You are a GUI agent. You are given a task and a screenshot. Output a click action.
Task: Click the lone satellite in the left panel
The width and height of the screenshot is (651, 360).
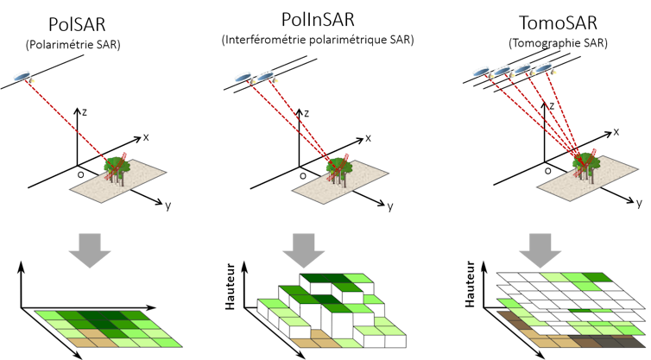[22, 76]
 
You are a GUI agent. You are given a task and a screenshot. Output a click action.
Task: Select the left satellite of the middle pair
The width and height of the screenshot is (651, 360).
[243, 77]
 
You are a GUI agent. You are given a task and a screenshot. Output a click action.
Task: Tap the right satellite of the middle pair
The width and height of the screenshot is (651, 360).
[265, 76]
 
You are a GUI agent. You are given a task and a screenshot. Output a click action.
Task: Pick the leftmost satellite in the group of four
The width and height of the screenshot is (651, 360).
[482, 72]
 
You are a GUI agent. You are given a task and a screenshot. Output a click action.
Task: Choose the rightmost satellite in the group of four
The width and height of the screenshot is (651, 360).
[543, 67]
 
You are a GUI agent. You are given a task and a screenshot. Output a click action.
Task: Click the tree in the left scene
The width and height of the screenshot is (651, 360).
[116, 167]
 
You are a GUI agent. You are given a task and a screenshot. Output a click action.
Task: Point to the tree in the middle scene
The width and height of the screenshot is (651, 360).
[338, 167]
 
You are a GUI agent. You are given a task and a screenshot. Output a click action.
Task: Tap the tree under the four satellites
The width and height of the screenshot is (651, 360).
[585, 164]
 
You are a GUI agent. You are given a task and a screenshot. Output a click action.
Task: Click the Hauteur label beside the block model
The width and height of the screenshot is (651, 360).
[230, 282]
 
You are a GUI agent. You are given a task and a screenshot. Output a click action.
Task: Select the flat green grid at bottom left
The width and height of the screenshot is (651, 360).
[108, 328]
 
